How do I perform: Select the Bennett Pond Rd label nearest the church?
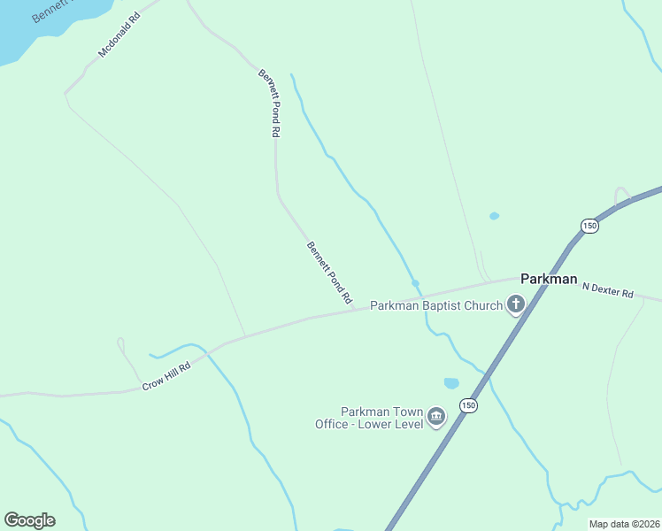pos(330,273)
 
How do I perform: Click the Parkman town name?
pos(549,278)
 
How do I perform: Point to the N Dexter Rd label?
pos(608,289)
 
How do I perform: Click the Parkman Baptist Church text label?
pos(435,306)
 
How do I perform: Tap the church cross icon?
pos(515,306)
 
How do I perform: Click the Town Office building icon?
pos(435,417)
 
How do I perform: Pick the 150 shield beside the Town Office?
pos(468,405)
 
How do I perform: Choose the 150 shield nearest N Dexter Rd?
pos(590,227)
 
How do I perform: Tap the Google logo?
pos(29,520)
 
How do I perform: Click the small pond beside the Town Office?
pos(451,383)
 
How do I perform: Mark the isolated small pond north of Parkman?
pos(494,216)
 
